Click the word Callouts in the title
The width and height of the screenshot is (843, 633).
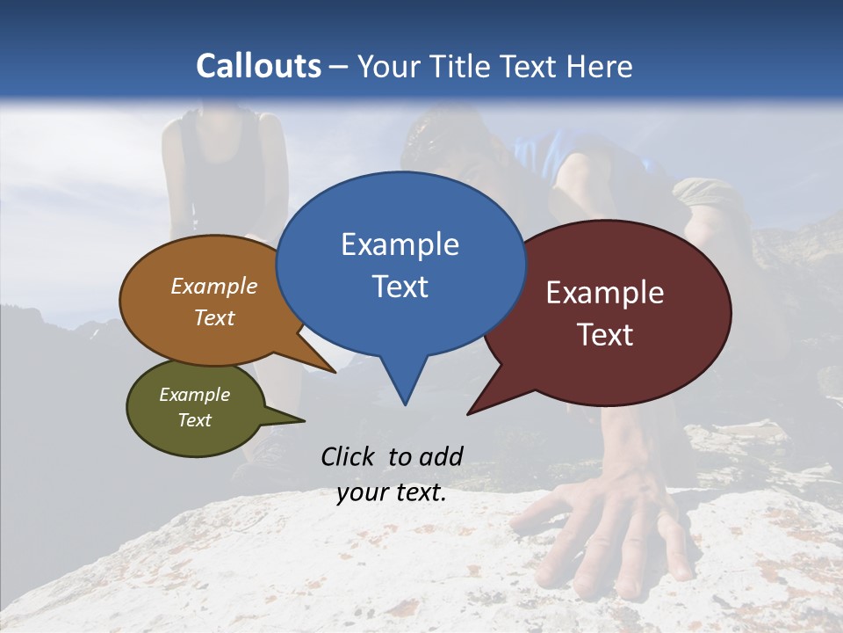click(x=258, y=66)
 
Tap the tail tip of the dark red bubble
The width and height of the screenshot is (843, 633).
click(x=470, y=412)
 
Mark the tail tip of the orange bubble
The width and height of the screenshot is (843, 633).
click(x=334, y=372)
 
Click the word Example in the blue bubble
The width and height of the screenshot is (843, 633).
click(x=400, y=244)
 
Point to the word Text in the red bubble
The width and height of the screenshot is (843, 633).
click(x=606, y=335)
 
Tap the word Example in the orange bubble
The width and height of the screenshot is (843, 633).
click(x=214, y=286)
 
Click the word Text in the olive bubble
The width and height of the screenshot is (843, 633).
click(x=195, y=420)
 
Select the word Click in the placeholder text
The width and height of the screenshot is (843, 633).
click(x=349, y=456)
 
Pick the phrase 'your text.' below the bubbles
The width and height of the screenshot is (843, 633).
click(x=392, y=492)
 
